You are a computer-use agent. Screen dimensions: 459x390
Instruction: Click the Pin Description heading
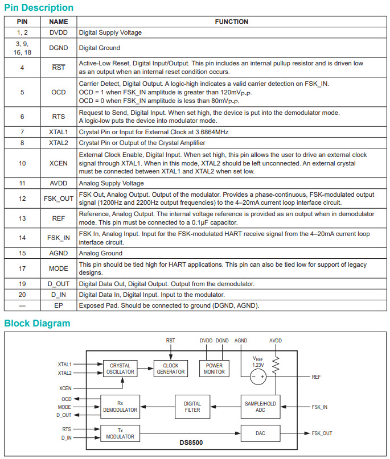tap(39, 8)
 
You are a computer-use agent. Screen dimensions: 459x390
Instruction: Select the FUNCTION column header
tap(231, 22)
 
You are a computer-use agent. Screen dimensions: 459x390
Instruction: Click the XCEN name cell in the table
tap(58, 163)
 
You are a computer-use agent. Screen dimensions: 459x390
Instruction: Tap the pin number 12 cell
tap(22, 199)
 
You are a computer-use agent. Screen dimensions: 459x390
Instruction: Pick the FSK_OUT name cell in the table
tap(58, 199)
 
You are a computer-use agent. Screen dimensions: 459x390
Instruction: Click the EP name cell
tap(58, 305)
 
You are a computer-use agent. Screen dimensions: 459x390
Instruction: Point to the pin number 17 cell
tap(22, 268)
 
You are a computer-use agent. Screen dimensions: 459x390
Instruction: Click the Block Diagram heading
tap(37, 324)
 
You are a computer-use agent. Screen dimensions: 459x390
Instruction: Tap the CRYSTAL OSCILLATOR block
tap(120, 369)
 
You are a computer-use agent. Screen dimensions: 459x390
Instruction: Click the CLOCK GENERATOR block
tap(171, 369)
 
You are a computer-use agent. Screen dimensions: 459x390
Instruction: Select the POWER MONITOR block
tap(215, 369)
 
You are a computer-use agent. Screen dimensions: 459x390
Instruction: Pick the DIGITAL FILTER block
tap(192, 407)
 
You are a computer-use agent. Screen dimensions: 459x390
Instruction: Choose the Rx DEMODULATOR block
tap(120, 407)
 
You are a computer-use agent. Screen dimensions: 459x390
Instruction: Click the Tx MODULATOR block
tap(120, 433)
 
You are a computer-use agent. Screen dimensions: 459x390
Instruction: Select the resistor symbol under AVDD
tap(276, 365)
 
